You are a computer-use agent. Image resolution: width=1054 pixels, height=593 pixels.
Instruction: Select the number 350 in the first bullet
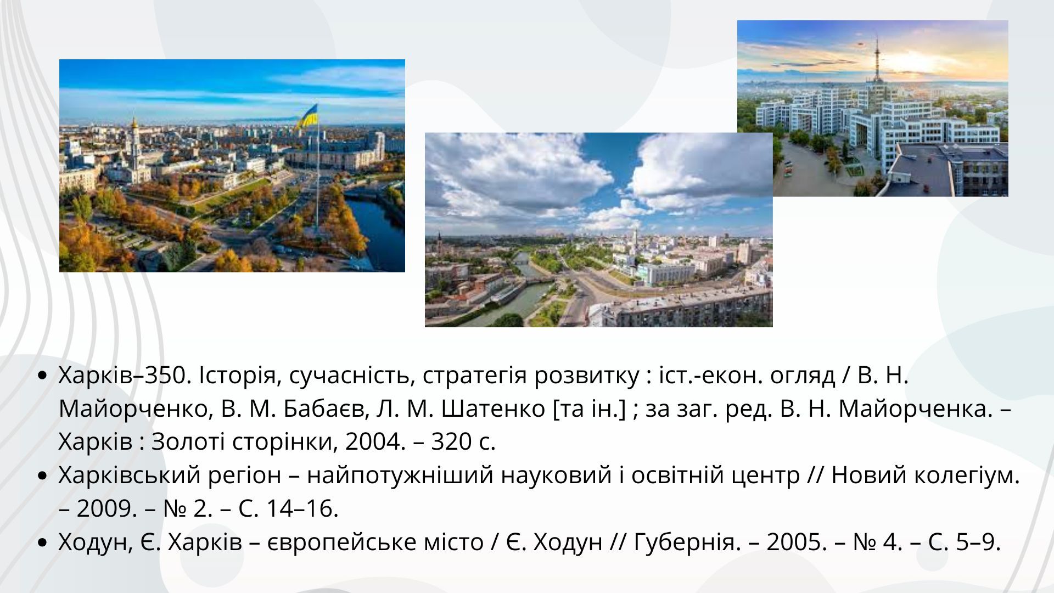(167, 376)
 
